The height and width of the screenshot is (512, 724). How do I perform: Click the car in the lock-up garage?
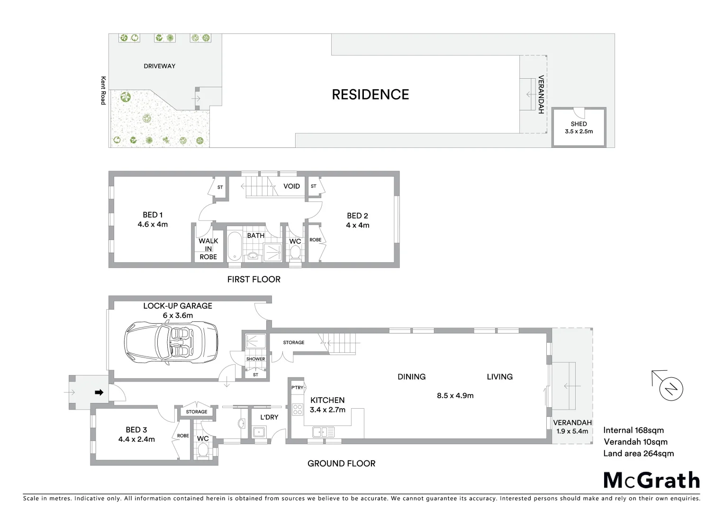[171, 342]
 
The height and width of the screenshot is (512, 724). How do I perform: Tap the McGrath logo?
[652, 480]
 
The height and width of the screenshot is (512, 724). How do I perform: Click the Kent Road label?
[103, 91]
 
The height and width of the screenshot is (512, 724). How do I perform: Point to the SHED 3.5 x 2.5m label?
[579, 128]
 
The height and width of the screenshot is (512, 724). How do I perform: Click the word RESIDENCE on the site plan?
[370, 95]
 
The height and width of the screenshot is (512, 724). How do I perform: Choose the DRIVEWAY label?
[159, 66]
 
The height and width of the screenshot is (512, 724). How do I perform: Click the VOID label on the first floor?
[291, 186]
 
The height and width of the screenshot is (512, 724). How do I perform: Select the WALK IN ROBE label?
[208, 249]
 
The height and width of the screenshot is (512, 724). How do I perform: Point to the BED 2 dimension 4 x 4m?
[357, 225]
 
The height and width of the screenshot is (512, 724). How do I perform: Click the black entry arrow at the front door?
[99, 393]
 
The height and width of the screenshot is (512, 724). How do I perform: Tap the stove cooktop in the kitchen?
[298, 409]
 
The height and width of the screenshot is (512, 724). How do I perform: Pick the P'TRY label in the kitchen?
[298, 388]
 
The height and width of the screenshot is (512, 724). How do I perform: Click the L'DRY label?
[269, 417]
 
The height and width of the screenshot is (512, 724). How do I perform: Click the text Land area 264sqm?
[638, 453]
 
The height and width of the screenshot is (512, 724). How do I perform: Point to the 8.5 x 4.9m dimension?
[455, 395]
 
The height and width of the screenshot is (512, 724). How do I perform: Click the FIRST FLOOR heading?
[253, 279]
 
